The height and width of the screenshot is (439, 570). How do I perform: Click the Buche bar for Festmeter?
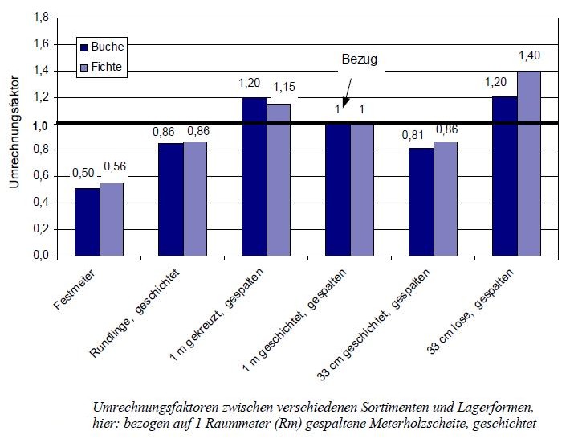pos(87,222)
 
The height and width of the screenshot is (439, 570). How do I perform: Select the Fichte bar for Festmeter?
pos(112,219)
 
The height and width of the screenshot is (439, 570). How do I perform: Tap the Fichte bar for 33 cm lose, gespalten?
pos(529,163)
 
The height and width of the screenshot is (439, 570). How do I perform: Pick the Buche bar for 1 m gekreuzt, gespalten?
pos(254,177)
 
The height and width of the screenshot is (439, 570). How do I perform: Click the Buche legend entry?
pos(101,47)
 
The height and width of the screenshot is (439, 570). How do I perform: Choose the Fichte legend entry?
pos(101,68)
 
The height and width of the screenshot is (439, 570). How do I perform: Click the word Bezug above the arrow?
pos(358,59)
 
